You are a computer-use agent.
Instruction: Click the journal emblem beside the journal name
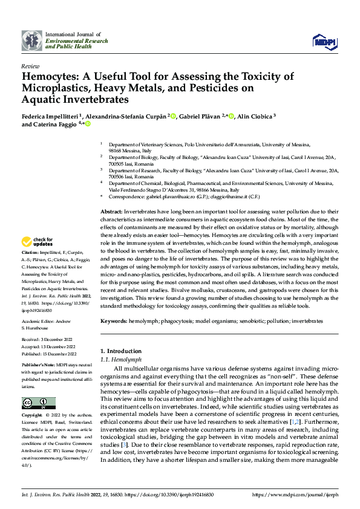point(31,41)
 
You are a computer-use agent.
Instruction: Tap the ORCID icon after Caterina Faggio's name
point(88,125)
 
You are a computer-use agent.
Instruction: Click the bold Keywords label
point(114,322)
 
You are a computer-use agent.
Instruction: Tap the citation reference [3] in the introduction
point(123,443)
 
